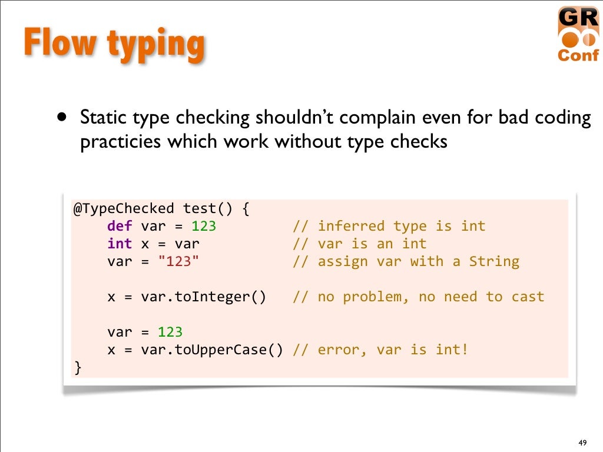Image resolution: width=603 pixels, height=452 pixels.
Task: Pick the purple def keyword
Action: point(120,226)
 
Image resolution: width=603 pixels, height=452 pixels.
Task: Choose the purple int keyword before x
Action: point(120,244)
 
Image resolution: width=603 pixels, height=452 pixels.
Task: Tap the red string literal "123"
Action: point(179,261)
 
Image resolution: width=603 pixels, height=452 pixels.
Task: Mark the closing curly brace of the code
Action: point(78,368)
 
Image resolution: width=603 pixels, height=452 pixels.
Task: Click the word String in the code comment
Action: point(494,261)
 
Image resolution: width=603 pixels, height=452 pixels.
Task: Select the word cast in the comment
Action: point(528,297)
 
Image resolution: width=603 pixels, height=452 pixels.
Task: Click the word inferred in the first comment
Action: point(351,226)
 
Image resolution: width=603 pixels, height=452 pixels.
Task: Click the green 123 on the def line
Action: point(204,226)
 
